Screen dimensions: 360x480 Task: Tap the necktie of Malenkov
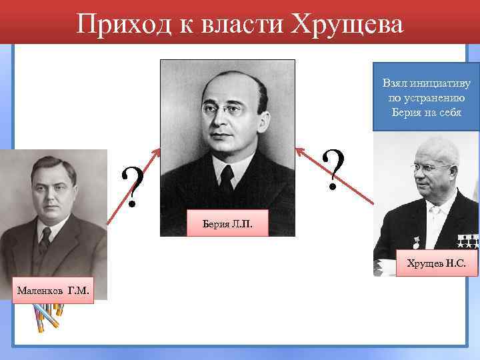point(45,239)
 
